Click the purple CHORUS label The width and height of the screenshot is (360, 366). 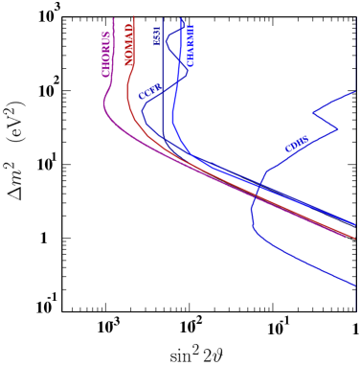point(106,54)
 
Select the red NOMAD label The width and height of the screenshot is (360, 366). point(129,44)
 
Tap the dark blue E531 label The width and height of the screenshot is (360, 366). point(157,35)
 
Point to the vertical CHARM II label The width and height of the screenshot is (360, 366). point(190,44)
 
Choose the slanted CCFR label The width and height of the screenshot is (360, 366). point(149,92)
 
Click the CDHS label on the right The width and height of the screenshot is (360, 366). point(297,144)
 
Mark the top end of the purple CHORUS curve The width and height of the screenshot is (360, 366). point(114,17)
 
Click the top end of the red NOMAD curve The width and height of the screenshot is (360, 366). point(134,16)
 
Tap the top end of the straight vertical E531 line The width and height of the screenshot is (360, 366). point(163,17)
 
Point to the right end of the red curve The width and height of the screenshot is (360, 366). point(355,238)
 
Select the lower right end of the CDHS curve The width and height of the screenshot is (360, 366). point(355,285)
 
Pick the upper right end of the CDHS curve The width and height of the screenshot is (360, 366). point(355,92)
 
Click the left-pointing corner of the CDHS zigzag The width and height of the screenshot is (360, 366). point(312,114)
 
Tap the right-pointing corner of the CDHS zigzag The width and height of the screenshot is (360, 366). point(338,129)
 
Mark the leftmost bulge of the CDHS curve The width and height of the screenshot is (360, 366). point(251,213)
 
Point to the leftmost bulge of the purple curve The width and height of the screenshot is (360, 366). point(103,107)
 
